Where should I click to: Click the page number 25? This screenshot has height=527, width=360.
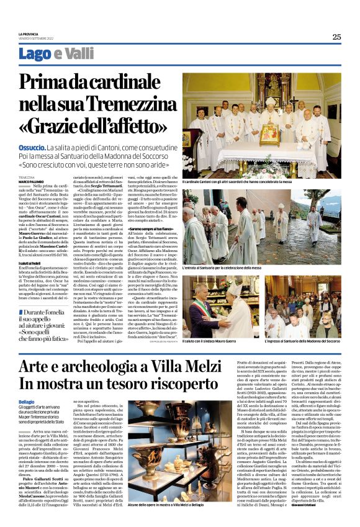tap(336, 37)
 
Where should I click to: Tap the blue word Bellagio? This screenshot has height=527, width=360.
tap(28, 402)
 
